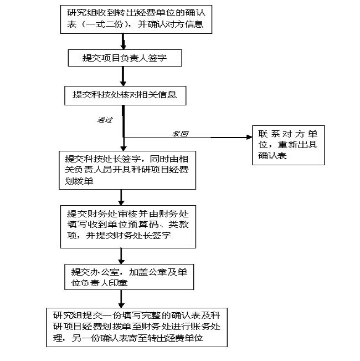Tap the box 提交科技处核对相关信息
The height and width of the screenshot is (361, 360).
pos(125,95)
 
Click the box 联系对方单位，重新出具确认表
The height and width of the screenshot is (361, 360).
pos(288,145)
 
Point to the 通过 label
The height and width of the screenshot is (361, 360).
pos(105,120)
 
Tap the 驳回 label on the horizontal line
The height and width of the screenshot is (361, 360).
pos(181,134)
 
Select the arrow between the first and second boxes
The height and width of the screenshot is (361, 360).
pos(124,42)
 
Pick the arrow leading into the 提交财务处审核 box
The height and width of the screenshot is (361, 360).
pos(121,197)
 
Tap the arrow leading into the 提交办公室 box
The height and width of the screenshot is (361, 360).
pos(121,255)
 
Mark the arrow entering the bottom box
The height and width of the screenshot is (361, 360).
pos(121,298)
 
